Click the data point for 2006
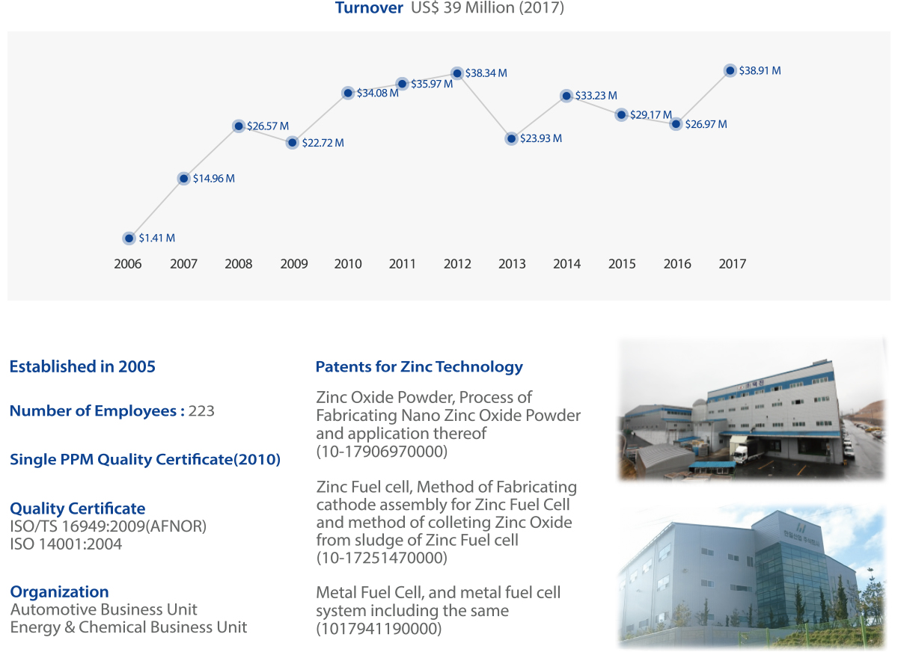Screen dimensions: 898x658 129,239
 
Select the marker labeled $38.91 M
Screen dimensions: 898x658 730,70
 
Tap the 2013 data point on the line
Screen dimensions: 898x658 511,138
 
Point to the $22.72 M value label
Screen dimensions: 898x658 323,143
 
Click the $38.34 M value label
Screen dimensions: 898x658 486,73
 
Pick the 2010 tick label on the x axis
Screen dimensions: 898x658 348,264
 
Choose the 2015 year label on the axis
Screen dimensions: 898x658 622,264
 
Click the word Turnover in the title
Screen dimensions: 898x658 369,8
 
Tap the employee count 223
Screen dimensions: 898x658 201,411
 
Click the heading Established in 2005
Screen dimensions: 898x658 82,366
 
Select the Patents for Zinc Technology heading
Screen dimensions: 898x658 419,367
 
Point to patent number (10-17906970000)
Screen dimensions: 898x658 382,452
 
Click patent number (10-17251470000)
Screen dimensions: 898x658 382,558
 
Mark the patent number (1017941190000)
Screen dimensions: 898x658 379,628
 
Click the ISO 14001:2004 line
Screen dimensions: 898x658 66,544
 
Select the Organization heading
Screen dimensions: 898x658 59,592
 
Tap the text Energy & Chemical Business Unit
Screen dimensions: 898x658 128,627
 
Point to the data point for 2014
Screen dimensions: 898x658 566,96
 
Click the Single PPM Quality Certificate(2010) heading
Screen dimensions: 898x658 145,459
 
